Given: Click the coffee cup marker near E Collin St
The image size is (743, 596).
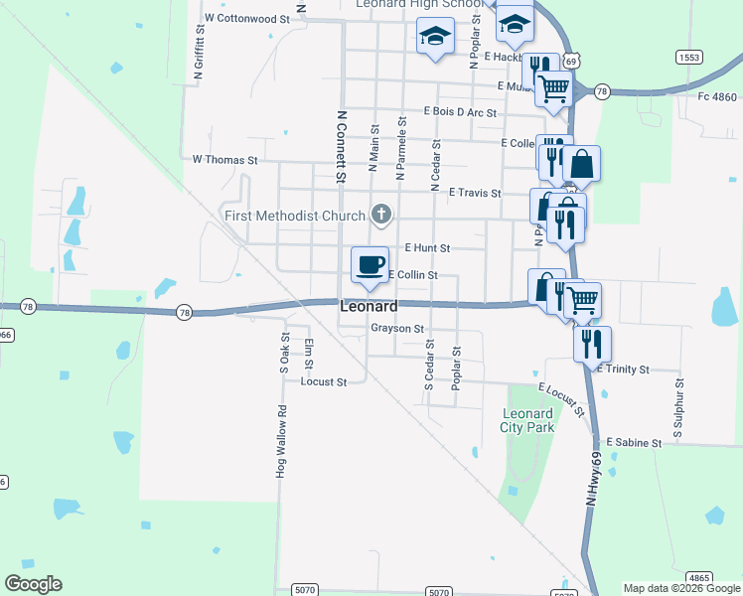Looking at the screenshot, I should tap(370, 264).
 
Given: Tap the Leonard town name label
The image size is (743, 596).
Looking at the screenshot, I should tap(369, 307).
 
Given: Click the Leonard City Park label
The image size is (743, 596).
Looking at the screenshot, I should tap(527, 420).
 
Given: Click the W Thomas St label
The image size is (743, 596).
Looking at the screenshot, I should tap(224, 159).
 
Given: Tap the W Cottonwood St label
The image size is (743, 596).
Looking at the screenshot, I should tap(245, 18).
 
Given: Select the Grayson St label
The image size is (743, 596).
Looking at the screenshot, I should tap(397, 328).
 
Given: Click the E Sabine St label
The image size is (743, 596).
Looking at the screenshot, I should tap(633, 441).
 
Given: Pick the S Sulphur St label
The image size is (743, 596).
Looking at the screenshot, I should tap(679, 408).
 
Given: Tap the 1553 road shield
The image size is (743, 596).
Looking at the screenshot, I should tap(689, 58).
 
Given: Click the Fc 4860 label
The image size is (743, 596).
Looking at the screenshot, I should tap(716, 96).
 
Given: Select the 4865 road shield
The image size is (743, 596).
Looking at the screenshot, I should tap(699, 577).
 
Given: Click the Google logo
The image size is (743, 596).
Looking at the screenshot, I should tap(33, 584).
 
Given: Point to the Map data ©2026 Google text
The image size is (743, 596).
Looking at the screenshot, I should tap(680, 588).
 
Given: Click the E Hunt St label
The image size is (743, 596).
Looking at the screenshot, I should tap(428, 247).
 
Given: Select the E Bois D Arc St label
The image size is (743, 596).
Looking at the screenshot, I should tap(460, 112).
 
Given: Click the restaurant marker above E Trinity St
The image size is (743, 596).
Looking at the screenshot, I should tap(592, 344).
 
